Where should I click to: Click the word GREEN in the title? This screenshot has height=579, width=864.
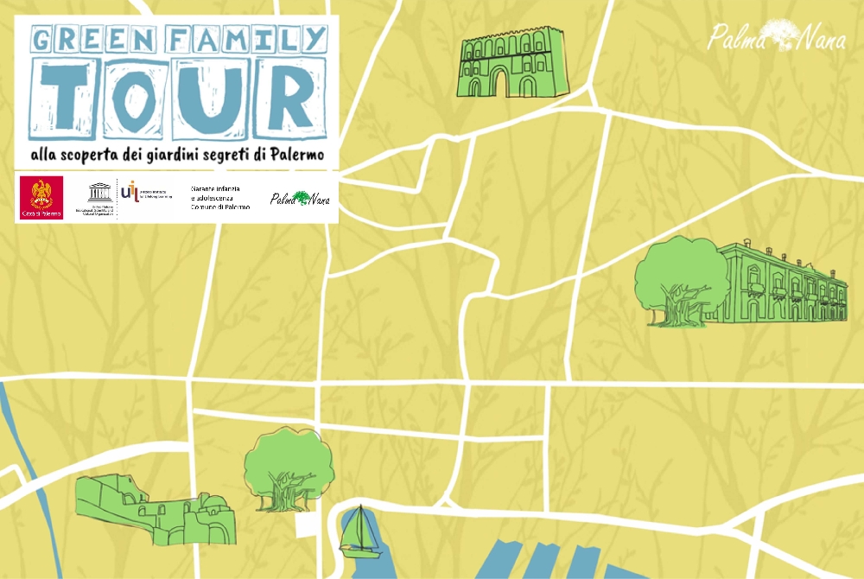click(93, 39)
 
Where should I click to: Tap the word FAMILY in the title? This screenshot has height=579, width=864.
click(246, 39)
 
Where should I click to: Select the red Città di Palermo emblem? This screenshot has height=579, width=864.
click(41, 198)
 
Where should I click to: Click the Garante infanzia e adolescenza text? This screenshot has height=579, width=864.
click(220, 198)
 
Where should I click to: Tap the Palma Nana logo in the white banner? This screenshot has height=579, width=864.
click(300, 199)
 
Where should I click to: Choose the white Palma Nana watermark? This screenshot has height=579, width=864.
click(777, 35)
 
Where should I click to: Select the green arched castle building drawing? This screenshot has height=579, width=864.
click(511, 61)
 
